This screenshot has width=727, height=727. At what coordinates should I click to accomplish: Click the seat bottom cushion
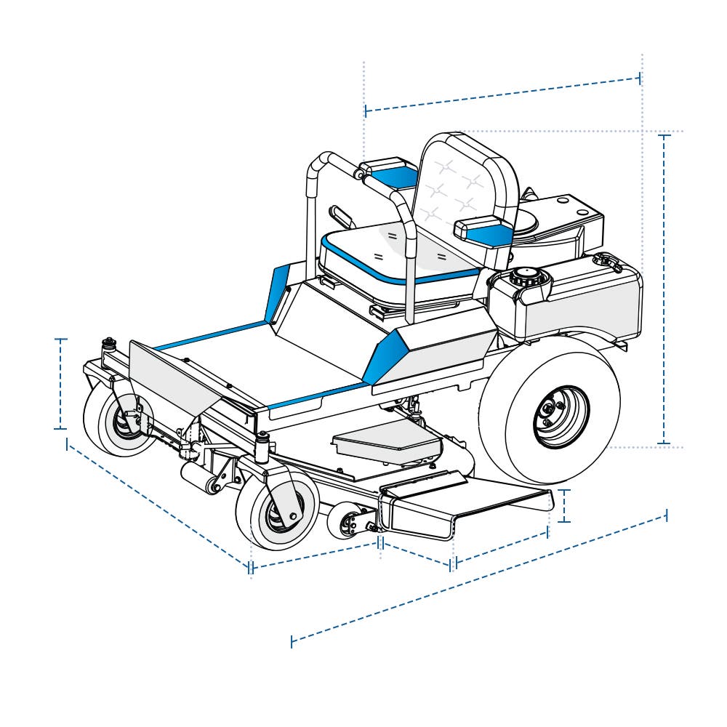click(393, 251)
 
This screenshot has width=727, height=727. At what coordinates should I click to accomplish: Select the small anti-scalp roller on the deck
click(350, 522)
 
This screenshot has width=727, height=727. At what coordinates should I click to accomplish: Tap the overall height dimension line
click(663, 291)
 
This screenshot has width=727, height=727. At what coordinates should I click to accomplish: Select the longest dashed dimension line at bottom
click(480, 578)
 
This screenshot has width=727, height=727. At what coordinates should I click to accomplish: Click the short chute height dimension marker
click(566, 506)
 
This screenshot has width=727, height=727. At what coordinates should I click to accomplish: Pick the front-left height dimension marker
click(61, 384)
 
